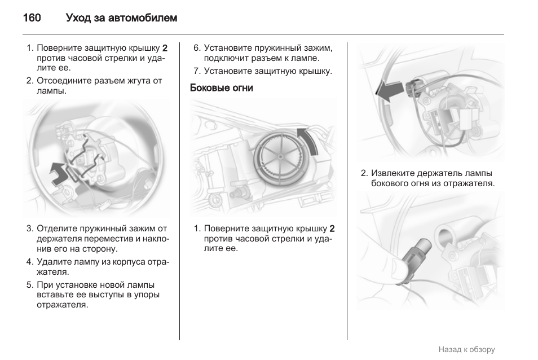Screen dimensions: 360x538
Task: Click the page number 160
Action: (x=32, y=18)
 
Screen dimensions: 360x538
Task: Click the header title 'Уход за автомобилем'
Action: (x=121, y=18)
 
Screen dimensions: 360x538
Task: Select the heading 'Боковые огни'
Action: (x=221, y=88)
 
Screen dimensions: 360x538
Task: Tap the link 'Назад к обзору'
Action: (x=466, y=349)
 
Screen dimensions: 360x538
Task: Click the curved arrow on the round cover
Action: (x=307, y=141)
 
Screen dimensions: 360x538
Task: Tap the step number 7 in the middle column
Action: (x=196, y=71)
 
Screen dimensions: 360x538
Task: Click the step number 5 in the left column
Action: (x=29, y=284)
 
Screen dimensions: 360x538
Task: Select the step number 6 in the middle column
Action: (x=196, y=48)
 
